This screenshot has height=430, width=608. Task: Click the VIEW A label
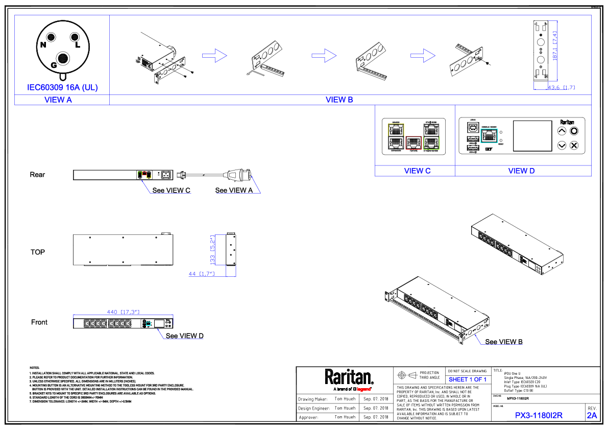58,100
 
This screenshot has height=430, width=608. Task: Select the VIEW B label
339,100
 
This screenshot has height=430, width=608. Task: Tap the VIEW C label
417,171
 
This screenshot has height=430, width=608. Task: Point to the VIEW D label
521,171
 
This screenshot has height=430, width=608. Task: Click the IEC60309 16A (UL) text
62,88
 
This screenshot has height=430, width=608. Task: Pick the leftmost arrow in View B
214,56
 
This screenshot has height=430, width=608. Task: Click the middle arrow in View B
324,56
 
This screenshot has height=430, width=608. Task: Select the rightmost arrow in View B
423,56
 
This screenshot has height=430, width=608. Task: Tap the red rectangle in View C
414,142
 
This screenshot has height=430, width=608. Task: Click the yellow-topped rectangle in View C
396,136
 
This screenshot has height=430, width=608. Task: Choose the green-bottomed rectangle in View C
431,136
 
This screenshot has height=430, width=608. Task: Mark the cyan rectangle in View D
489,136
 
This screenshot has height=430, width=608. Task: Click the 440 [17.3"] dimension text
123,312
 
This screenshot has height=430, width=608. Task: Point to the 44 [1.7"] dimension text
201,274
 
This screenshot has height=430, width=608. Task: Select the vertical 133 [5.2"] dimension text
212,250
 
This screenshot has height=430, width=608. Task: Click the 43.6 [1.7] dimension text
561,88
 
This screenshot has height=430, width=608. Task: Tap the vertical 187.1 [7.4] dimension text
555,46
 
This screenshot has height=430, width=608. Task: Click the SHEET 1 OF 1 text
468,380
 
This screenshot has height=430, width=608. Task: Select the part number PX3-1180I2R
539,416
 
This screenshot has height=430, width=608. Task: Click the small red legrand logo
363,390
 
